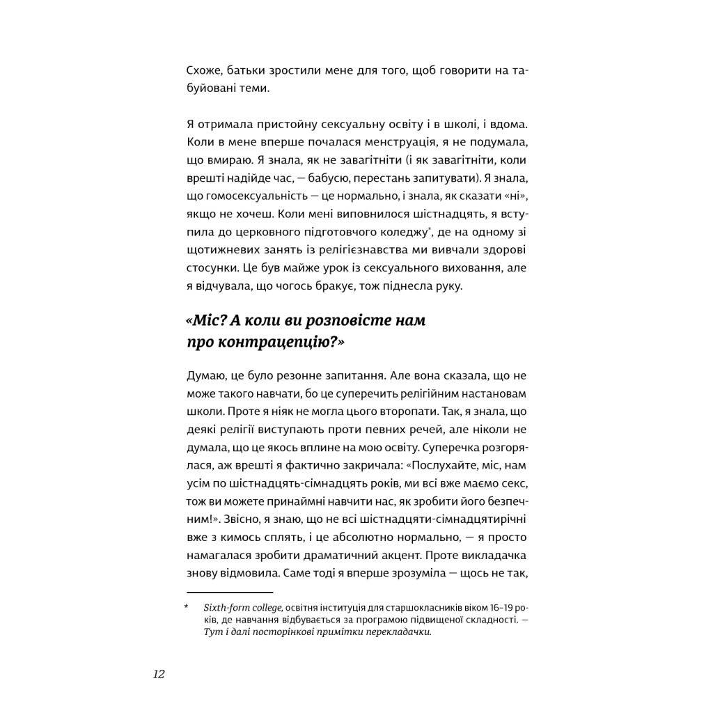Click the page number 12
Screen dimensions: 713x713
[x=159, y=674]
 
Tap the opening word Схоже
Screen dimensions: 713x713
[x=203, y=70]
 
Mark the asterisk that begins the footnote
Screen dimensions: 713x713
[x=187, y=607]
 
